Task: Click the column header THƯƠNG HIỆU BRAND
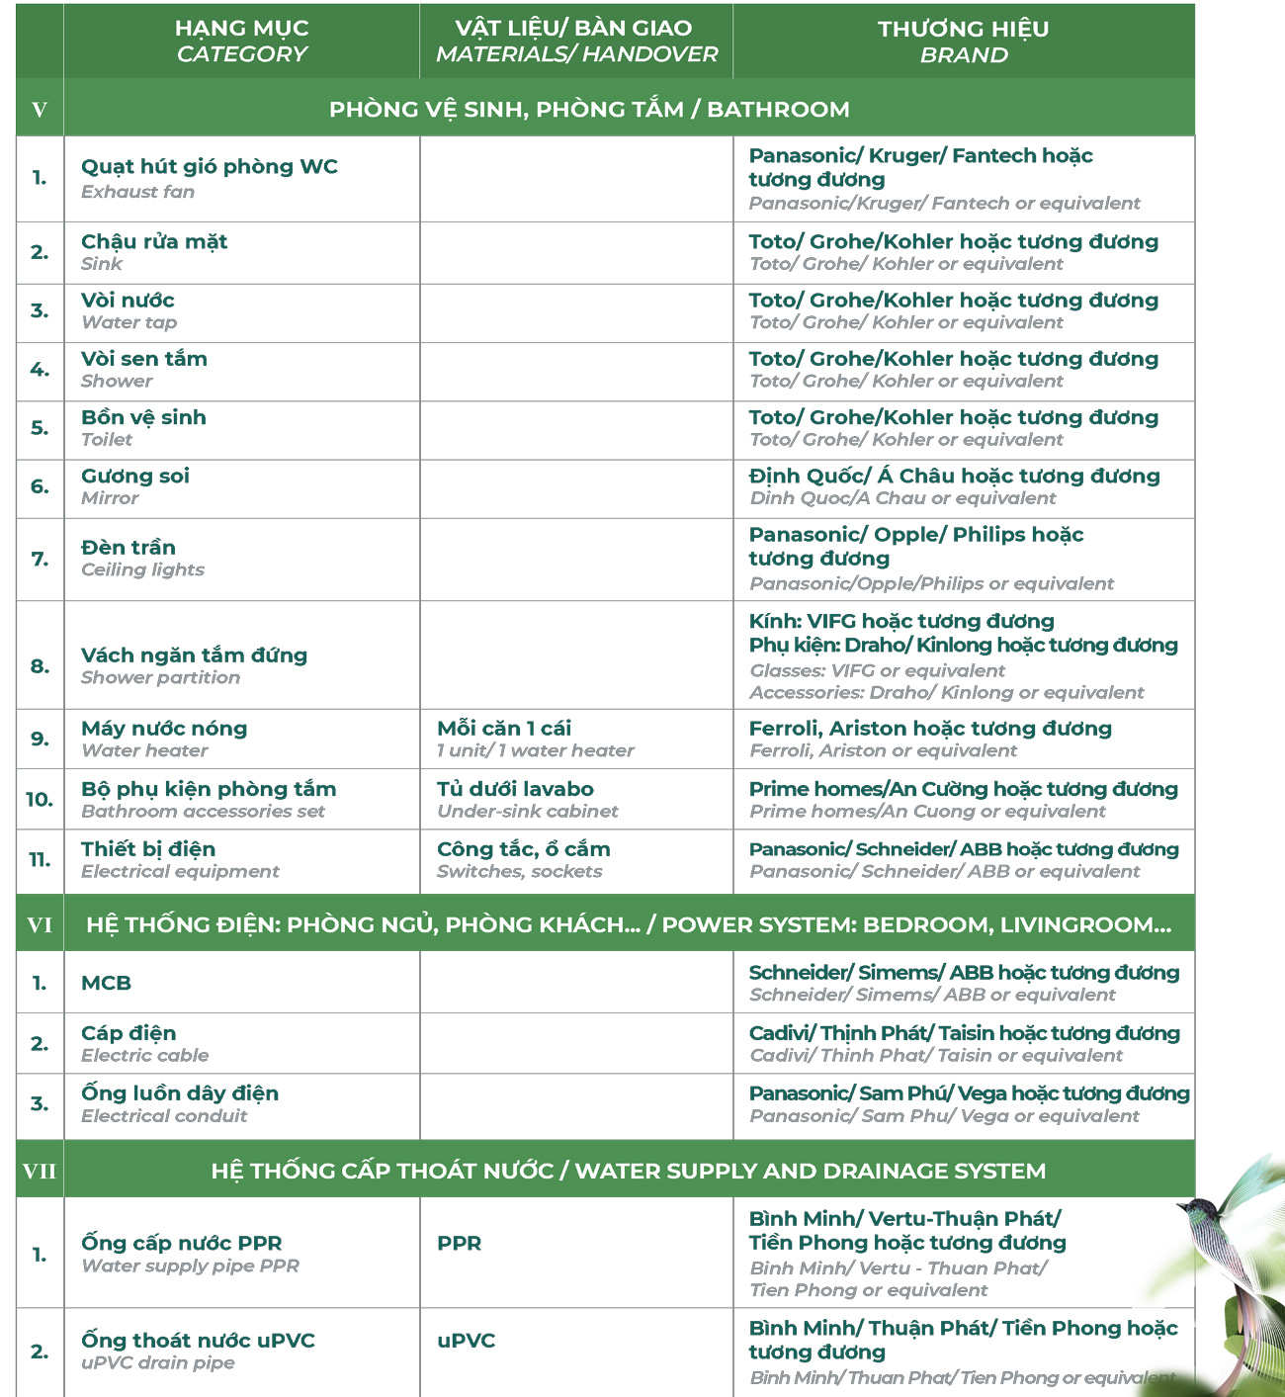coord(964,42)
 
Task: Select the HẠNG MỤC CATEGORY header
coord(241,42)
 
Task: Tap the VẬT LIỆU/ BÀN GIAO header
coord(576,42)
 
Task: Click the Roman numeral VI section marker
coord(40,924)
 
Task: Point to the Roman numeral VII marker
coord(40,1172)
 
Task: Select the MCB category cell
coord(106,983)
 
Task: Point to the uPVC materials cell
coord(466,1342)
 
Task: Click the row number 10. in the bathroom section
coord(40,799)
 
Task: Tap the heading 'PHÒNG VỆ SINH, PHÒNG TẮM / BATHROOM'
coord(589,109)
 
